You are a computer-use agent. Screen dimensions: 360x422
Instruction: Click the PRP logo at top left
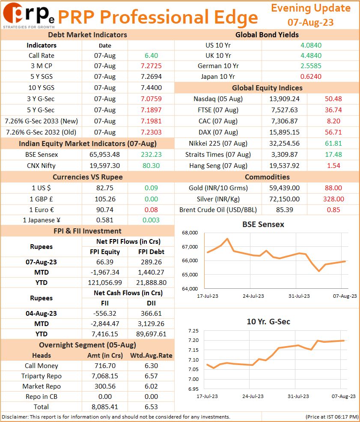coord(29,15)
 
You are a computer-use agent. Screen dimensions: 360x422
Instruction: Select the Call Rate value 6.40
coord(152,55)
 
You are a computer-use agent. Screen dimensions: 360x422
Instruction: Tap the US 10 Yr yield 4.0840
coord(311,45)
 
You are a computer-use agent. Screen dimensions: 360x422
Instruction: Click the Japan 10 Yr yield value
coord(311,76)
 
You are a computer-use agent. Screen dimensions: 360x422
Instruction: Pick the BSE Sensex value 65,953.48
coord(104,155)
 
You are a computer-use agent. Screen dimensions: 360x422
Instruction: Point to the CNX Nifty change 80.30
coord(151,165)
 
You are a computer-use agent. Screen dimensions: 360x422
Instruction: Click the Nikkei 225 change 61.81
coord(333,143)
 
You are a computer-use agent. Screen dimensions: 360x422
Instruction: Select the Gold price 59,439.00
coord(285,188)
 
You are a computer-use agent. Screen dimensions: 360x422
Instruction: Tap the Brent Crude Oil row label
coord(218,210)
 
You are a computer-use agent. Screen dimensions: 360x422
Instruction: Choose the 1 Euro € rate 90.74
coord(105,210)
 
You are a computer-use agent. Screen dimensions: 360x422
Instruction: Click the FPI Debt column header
coord(152,251)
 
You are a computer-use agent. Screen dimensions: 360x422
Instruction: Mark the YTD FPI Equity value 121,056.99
coord(105,283)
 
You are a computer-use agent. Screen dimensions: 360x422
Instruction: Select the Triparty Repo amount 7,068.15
coord(105,376)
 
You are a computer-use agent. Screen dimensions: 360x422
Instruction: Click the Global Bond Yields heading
coord(267,35)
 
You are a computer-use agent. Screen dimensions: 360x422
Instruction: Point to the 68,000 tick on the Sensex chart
coord(190,233)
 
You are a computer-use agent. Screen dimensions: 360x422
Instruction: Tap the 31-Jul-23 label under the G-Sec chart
coord(298,396)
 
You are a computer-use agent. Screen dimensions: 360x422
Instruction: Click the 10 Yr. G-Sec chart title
coord(268,322)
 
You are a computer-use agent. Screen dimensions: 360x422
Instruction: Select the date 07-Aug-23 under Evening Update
coord(310,22)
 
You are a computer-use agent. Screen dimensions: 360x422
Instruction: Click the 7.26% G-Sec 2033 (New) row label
coord(42,121)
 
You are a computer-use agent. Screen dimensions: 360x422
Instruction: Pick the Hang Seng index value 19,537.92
coord(285,165)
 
